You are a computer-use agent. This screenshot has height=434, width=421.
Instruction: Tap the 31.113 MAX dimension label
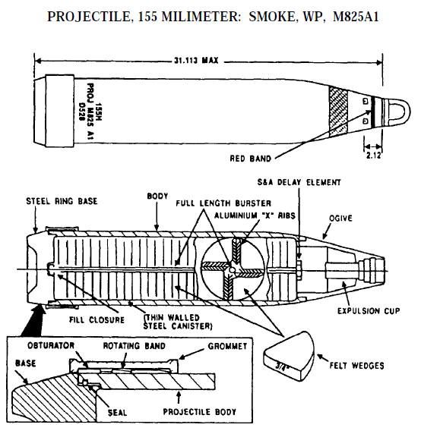190,61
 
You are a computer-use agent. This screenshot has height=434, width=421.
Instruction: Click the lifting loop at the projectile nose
393,112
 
